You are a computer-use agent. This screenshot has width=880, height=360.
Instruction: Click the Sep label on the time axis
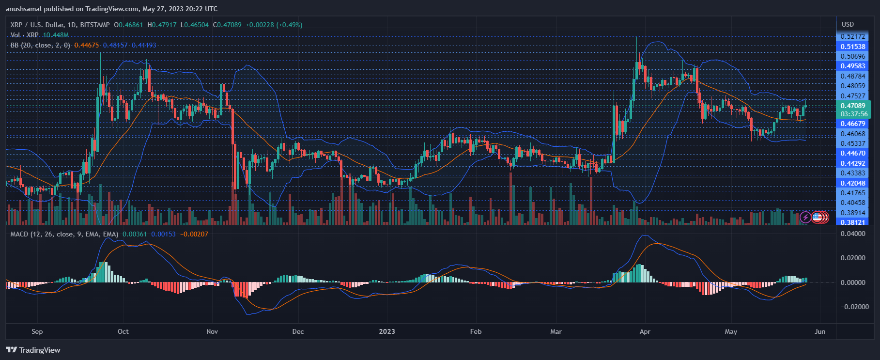pos(37,331)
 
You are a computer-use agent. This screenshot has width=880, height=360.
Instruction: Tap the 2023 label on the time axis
pos(386,331)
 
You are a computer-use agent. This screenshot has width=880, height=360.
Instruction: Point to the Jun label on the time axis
pos(819,331)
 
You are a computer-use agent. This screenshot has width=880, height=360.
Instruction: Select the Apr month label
pos(645,331)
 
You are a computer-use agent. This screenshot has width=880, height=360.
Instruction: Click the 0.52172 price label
pos(852,36)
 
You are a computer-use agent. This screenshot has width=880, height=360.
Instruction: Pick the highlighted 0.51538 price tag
pos(852,47)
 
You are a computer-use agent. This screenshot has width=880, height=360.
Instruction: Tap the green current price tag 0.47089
pos(852,106)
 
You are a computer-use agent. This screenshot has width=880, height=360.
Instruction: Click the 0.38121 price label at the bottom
pos(852,222)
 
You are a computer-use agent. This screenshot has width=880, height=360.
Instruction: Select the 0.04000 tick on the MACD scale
pos(853,234)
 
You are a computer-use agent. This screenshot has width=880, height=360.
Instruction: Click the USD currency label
pos(848,24)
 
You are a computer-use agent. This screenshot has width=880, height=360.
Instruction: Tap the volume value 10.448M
pos(56,35)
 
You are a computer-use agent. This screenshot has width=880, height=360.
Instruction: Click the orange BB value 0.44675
pos(86,45)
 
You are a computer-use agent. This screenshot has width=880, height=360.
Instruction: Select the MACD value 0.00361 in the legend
pos(134,234)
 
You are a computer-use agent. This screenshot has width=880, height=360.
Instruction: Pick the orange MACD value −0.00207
pos(194,234)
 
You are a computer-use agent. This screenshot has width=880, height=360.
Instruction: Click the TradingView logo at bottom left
pos(33,350)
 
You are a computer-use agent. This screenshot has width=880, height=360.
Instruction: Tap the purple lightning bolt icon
pos(805,217)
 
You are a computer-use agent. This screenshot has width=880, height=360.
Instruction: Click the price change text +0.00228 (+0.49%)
pos(274,25)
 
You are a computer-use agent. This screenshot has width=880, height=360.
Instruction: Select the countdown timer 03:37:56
pos(854,114)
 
